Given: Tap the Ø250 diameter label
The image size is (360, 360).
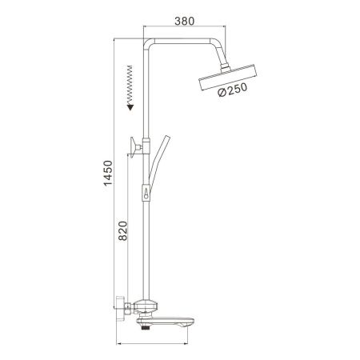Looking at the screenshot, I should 231,93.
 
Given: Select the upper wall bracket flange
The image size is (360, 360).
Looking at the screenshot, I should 129,146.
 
